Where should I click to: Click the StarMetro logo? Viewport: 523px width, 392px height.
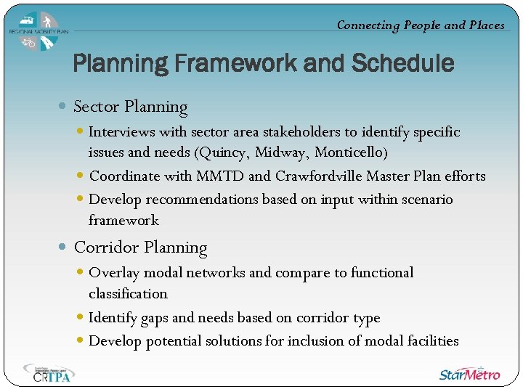[x=469, y=373]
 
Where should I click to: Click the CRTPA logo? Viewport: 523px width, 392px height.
[x=49, y=372]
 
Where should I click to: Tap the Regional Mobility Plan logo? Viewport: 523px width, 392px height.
[x=38, y=31]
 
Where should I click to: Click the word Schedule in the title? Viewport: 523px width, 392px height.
[x=402, y=64]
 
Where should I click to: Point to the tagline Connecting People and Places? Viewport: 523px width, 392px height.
[x=421, y=25]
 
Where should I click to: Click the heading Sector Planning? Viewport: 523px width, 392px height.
[x=131, y=107]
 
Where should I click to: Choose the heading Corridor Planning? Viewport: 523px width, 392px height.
[x=140, y=248]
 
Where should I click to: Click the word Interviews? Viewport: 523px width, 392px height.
[x=121, y=132]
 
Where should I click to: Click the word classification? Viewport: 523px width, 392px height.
[x=128, y=294]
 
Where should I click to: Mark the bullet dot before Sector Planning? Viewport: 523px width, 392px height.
[x=63, y=107]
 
